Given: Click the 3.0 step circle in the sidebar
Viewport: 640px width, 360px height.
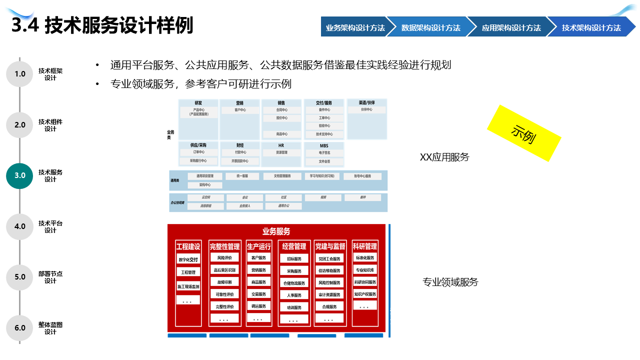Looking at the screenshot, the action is point(19,175).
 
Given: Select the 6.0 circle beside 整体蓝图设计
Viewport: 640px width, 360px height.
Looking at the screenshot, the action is point(19,328).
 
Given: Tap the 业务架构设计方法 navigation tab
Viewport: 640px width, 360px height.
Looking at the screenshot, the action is point(355,27).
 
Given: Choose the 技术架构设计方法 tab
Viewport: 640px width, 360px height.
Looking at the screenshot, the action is point(591,27).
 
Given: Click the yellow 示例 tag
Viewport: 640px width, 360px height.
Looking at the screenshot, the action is point(523,133).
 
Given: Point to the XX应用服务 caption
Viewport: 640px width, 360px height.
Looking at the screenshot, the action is point(444,157).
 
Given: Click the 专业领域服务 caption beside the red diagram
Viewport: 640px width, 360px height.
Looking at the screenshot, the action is point(450,282).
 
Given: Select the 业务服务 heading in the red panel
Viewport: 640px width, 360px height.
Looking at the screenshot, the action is point(276,231).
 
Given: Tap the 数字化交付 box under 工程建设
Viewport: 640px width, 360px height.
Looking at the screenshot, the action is point(188,259).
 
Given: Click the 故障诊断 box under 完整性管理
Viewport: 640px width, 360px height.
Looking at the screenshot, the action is point(224,282).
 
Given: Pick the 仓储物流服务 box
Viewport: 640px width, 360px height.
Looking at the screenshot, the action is point(294,283).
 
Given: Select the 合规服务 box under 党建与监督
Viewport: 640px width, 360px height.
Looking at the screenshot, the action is point(329,306).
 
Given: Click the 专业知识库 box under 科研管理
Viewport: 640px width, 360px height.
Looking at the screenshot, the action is point(364,270).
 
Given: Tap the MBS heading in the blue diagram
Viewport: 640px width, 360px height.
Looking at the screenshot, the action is point(324,145).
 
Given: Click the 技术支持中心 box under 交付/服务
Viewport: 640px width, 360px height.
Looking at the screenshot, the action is point(324,134).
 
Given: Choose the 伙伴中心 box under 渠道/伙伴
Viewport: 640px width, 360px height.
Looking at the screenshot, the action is point(366,109).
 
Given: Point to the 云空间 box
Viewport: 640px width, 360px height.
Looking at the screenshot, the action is point(205,197).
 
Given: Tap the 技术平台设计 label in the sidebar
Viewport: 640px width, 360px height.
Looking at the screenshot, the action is point(50,226).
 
